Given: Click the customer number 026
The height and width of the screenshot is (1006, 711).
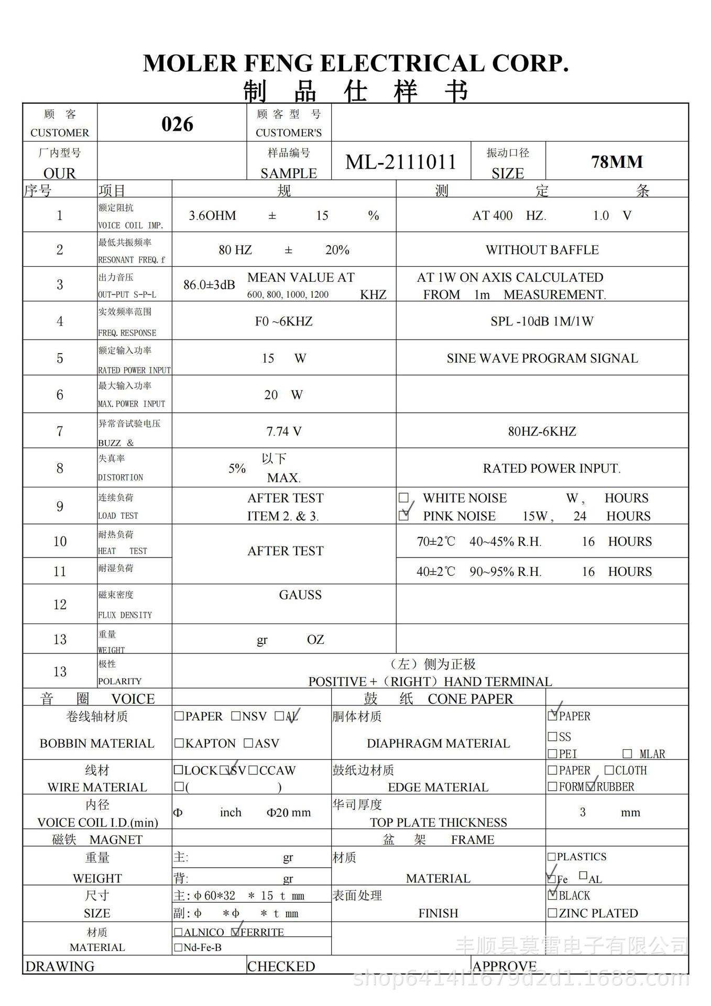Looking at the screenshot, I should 177,124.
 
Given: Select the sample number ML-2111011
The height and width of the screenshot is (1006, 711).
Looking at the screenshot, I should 401,162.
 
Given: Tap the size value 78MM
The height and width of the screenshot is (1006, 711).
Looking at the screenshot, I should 617,162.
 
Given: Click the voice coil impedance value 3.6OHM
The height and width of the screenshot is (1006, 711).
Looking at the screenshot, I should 212,215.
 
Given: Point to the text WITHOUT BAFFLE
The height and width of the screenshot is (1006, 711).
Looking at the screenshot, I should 542,250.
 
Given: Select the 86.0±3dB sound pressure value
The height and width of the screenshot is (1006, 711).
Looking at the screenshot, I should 209,285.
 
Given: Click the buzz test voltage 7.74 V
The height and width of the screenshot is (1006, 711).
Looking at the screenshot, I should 283,432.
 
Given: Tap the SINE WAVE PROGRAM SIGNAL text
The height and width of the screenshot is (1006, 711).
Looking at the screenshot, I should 542,358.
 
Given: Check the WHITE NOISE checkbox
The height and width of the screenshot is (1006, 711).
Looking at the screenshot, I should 403,498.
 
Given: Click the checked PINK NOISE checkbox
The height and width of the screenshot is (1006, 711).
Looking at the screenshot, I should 403,516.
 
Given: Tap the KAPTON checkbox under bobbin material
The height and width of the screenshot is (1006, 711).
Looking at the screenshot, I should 179,743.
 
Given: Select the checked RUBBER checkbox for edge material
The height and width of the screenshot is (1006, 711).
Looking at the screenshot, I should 591,786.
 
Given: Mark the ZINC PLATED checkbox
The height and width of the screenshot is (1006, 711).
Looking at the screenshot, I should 552,913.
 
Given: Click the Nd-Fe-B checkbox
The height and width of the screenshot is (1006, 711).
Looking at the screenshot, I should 178,947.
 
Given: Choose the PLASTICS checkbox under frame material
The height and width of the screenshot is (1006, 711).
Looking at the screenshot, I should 551,857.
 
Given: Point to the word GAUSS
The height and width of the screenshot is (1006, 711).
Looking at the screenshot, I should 300,595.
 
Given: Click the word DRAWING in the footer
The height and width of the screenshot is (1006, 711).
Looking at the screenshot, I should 60,966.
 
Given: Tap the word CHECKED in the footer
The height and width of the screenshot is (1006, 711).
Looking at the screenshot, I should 281,966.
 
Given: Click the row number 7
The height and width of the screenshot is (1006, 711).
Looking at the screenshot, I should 60,432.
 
